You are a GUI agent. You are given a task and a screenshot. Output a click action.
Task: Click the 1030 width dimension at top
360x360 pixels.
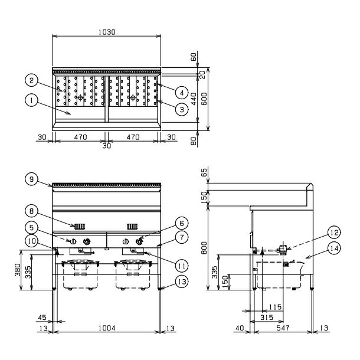point(107,32)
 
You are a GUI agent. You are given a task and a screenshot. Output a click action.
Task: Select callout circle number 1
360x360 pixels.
point(31,100)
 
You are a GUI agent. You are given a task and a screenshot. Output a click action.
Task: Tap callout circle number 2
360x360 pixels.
point(31,80)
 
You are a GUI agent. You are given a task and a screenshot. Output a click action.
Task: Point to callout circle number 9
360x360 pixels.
point(31,179)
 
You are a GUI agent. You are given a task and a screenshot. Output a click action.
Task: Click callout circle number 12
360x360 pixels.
point(334,233)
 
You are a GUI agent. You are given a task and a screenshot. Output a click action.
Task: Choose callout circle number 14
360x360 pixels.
point(334,248)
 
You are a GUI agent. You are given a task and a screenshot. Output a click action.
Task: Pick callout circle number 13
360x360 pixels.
point(182,282)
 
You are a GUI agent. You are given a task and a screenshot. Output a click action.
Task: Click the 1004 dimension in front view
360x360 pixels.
point(107,328)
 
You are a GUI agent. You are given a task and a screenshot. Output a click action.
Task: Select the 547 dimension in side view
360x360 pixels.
point(283,328)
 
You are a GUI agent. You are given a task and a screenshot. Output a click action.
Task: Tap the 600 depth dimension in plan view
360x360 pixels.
point(204,99)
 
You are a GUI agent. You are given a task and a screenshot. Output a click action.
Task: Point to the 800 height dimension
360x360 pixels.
point(204,248)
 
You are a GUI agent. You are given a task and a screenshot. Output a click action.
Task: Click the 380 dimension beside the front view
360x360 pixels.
point(17,270)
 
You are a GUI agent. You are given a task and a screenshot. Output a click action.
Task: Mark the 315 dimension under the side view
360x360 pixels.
point(267,318)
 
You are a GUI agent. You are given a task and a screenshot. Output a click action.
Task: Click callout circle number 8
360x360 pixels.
point(31,211)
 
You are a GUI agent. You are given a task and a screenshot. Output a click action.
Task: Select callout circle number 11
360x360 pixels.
point(182,266)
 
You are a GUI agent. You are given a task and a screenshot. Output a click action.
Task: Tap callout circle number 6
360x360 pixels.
point(182,223)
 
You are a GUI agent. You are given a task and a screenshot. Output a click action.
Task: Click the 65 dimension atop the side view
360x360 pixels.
point(204,172)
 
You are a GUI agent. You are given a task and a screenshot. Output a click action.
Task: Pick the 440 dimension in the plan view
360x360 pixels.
point(194,99)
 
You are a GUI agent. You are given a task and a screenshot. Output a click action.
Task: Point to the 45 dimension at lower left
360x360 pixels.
point(42,318)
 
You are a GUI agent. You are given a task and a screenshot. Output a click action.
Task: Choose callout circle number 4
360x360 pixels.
point(182,93)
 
